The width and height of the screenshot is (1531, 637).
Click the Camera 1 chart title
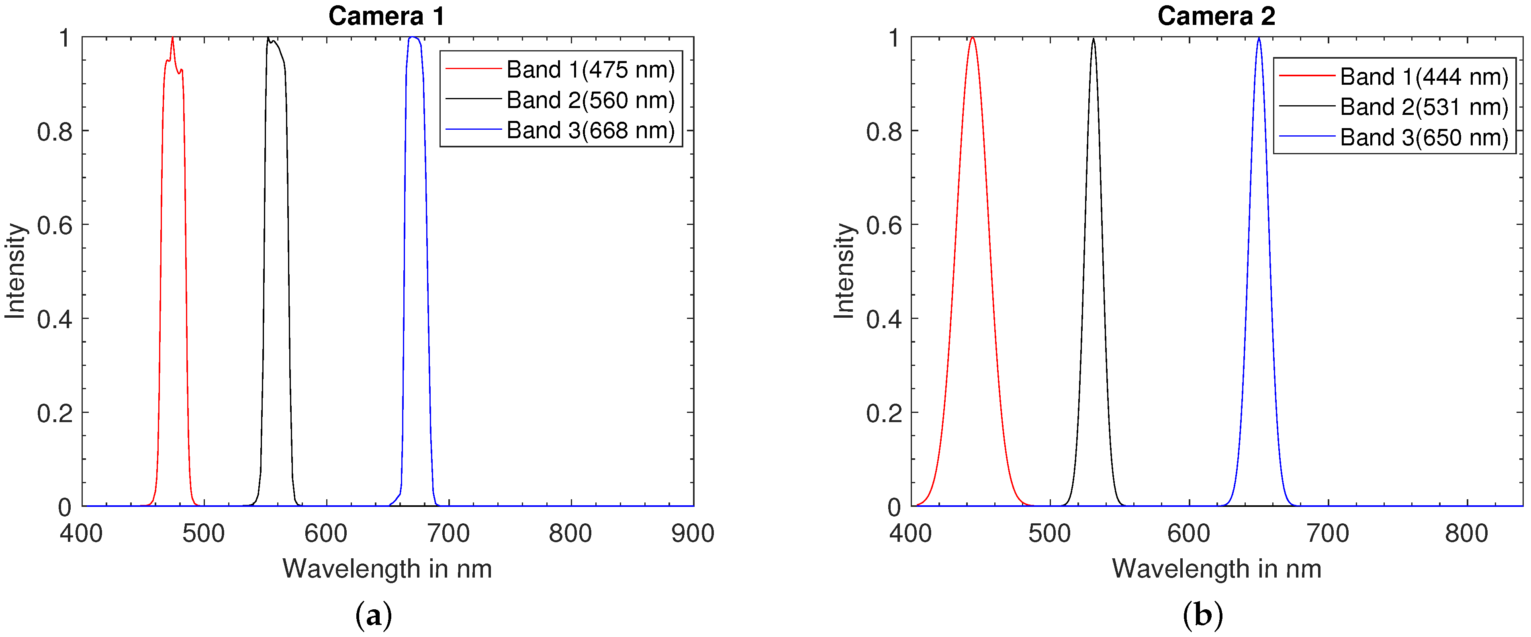(386, 16)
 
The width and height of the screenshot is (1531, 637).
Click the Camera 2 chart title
(1216, 16)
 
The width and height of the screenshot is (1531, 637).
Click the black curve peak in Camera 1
(268, 39)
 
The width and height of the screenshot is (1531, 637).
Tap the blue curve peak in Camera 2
(1258, 39)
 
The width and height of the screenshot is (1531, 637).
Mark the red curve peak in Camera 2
(972, 39)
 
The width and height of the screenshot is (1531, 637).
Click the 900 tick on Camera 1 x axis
(693, 534)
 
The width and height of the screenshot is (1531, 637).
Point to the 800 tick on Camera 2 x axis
(1466, 534)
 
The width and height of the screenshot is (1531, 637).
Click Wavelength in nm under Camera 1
(387, 569)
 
